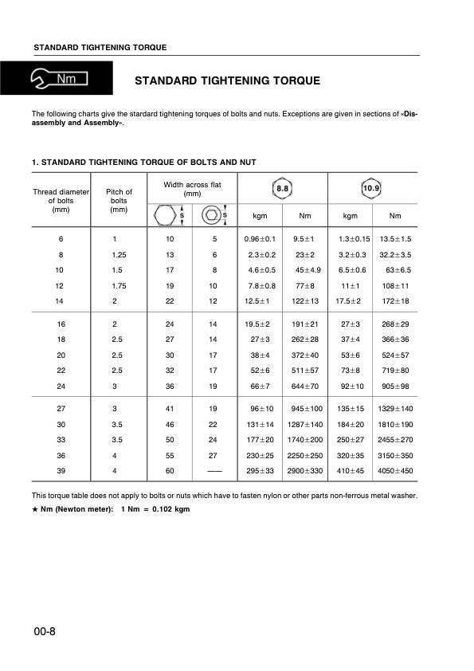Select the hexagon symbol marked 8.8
click(283, 189)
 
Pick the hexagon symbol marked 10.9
click(371, 189)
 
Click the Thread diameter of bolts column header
click(61, 201)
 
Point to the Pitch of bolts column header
click(119, 201)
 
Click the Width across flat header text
click(192, 189)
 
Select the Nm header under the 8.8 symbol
click(304, 216)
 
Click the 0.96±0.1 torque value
click(260, 239)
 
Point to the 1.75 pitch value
click(119, 284)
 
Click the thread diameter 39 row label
click(61, 471)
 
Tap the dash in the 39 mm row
click(214, 471)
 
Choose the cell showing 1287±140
click(305, 425)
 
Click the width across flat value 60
click(170, 471)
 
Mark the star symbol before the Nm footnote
click(34, 508)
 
